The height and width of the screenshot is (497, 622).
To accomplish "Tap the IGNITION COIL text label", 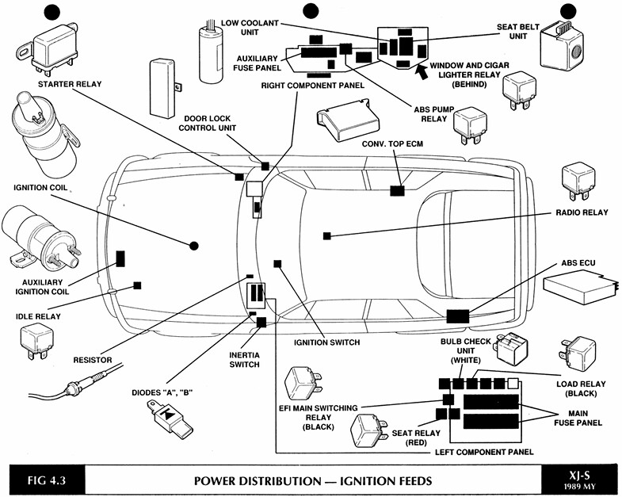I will tap(40, 189).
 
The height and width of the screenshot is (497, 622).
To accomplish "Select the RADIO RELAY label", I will tap(582, 213).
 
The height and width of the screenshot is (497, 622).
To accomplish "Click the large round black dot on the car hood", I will tap(193, 246).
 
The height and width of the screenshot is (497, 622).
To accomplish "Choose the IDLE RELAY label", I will tap(37, 316).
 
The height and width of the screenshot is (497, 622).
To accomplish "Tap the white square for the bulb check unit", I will tap(513, 384).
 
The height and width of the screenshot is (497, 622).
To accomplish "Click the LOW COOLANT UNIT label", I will tap(250, 28).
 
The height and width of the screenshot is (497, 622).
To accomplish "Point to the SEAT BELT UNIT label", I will tap(518, 31).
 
